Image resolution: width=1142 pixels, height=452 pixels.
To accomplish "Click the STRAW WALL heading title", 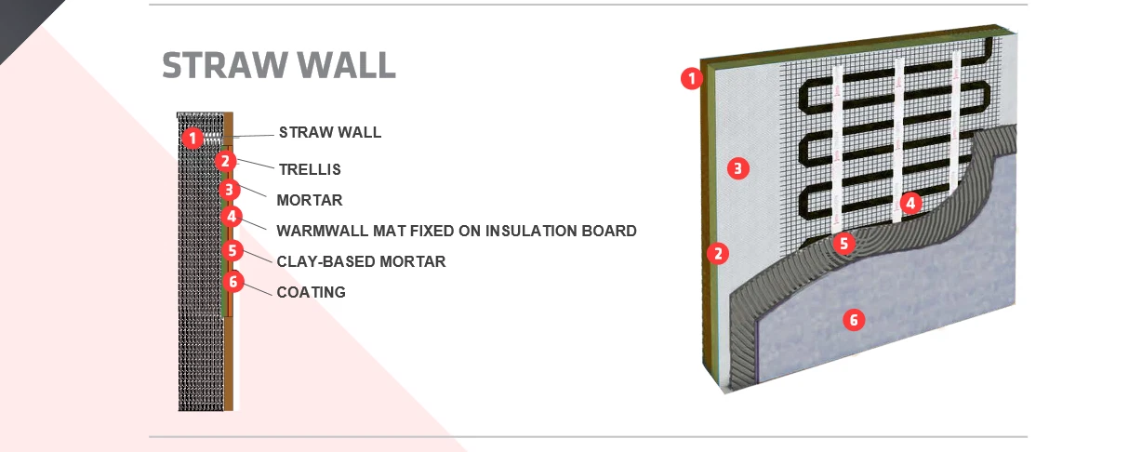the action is click(279, 65).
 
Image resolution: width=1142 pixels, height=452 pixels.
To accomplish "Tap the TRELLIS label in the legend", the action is click(310, 169).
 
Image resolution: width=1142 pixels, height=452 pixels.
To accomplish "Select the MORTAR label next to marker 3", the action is click(310, 200).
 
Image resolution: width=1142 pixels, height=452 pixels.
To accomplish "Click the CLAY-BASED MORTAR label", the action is click(361, 261).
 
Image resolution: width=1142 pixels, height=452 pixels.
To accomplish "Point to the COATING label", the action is click(311, 292).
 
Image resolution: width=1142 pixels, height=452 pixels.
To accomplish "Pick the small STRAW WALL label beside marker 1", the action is click(330, 132).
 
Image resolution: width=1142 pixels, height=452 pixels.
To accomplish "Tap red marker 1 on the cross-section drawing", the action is click(193, 138).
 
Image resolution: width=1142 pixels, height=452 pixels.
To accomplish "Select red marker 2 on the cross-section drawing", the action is click(225, 162).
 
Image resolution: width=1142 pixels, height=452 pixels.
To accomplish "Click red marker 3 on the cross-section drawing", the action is click(230, 190).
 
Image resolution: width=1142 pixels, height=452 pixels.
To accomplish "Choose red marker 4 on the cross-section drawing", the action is click(232, 217).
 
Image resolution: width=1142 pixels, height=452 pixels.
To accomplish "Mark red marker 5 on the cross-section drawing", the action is click(232, 250).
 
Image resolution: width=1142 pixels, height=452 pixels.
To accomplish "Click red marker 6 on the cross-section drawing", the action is click(233, 281).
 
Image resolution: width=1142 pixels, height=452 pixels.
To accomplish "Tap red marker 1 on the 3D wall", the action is click(692, 78).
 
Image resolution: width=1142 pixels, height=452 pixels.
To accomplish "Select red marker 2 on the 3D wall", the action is click(718, 253).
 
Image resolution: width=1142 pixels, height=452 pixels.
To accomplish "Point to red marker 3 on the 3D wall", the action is click(737, 168).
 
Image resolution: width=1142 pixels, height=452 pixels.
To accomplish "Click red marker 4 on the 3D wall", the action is click(910, 204).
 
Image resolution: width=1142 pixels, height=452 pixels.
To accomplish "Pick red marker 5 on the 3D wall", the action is click(843, 244).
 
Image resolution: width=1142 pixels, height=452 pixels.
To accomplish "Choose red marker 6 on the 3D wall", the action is click(854, 320).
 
